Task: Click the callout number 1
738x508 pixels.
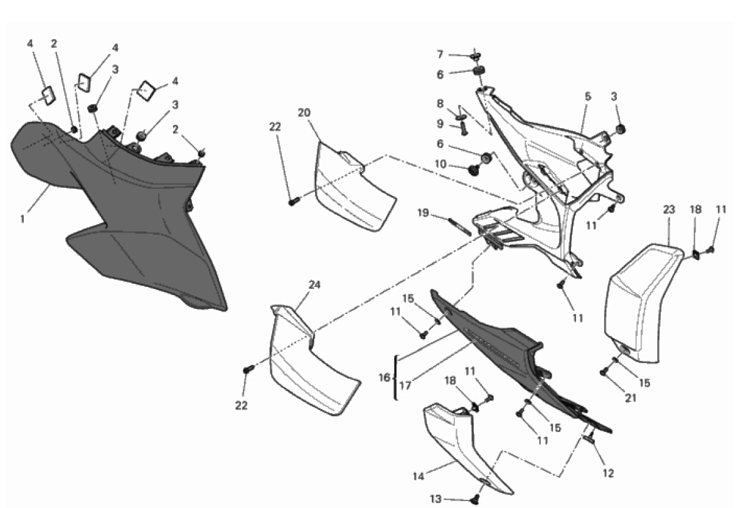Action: [x=22, y=219]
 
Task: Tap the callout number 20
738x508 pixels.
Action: [x=304, y=113]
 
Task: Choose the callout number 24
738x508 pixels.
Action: [x=314, y=284]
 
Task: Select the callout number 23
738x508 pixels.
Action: [x=669, y=210]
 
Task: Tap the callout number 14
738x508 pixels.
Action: [x=419, y=477]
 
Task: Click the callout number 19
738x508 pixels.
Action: [x=423, y=213]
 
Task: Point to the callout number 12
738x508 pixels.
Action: [x=609, y=473]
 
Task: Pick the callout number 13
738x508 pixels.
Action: [x=436, y=499]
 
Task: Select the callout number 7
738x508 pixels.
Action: [x=440, y=55]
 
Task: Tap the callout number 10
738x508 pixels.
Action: [x=440, y=164]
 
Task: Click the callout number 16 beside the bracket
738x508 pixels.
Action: [x=385, y=377]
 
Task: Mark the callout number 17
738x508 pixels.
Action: [x=405, y=386]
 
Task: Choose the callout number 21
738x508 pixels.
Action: [x=631, y=398]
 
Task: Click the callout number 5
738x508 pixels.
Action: [x=588, y=97]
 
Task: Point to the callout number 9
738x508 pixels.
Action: [x=440, y=124]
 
